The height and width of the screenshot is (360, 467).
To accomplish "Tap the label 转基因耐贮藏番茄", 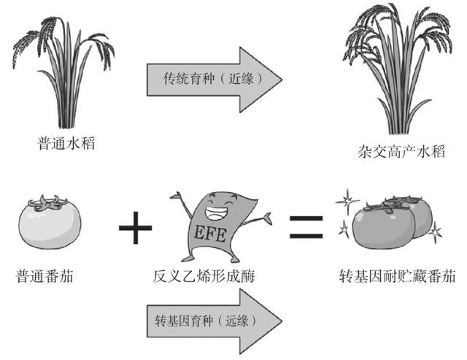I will (398, 277).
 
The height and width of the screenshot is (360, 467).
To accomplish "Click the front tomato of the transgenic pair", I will (379, 228).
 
